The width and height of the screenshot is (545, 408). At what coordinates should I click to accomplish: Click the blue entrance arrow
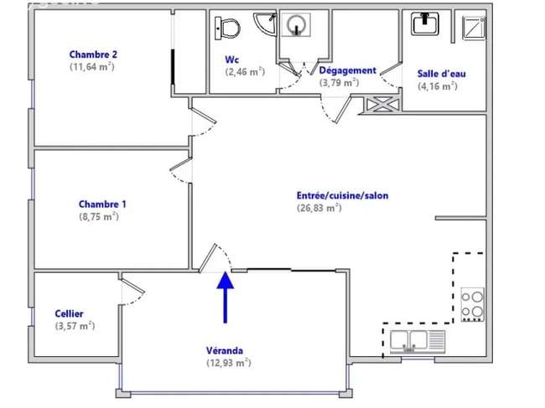(x=226, y=297)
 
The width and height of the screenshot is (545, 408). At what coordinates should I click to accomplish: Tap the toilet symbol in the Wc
(x=227, y=28)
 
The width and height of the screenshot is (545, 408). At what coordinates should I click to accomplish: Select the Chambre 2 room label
(x=93, y=54)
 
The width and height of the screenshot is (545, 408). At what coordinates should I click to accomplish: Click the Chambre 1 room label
(x=102, y=204)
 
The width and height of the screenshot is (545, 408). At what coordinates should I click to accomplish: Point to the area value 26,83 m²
(x=319, y=208)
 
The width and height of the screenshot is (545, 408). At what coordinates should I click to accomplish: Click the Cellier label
(x=69, y=314)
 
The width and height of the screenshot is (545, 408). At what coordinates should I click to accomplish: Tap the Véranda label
(x=225, y=351)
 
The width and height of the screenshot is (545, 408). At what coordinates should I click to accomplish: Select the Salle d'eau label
(x=441, y=74)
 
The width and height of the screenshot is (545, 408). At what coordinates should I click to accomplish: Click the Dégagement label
(x=348, y=70)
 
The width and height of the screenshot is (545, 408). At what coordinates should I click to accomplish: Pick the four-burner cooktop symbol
(x=472, y=304)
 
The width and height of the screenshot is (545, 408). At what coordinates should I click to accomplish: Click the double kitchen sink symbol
(x=418, y=341)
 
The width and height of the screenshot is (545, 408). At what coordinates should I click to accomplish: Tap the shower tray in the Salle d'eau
(x=474, y=28)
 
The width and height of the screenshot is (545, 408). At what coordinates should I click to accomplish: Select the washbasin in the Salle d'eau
(x=425, y=23)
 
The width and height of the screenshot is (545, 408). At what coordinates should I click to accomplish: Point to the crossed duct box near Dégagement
(x=382, y=105)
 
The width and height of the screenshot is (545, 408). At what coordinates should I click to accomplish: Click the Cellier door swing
(x=132, y=291)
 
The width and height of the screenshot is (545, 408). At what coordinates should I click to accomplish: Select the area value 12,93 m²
(x=229, y=363)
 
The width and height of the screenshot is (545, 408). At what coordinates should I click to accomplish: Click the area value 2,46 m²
(x=245, y=72)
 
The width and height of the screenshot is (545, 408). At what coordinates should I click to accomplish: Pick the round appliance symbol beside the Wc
(x=296, y=25)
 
